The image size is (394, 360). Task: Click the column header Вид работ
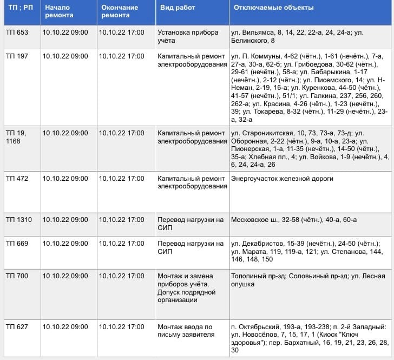coord(178,8)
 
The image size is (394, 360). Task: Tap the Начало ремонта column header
coord(57,11)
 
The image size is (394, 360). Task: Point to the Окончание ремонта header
coord(120,11)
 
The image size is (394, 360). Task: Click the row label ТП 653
coord(17,32)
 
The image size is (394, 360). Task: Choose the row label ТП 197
coord(17,56)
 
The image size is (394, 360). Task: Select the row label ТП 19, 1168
coord(17,136)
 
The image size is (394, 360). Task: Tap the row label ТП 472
coord(17,179)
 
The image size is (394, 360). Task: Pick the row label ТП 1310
coord(19,220)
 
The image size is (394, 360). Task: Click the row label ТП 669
coord(17,244)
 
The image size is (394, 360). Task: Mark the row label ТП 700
coord(17,276)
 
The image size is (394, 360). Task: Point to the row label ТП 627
coord(17,327)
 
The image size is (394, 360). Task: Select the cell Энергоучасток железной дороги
coord(282,179)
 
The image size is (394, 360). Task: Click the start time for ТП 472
coord(65,179)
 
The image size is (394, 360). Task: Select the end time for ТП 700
coord(122,276)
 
